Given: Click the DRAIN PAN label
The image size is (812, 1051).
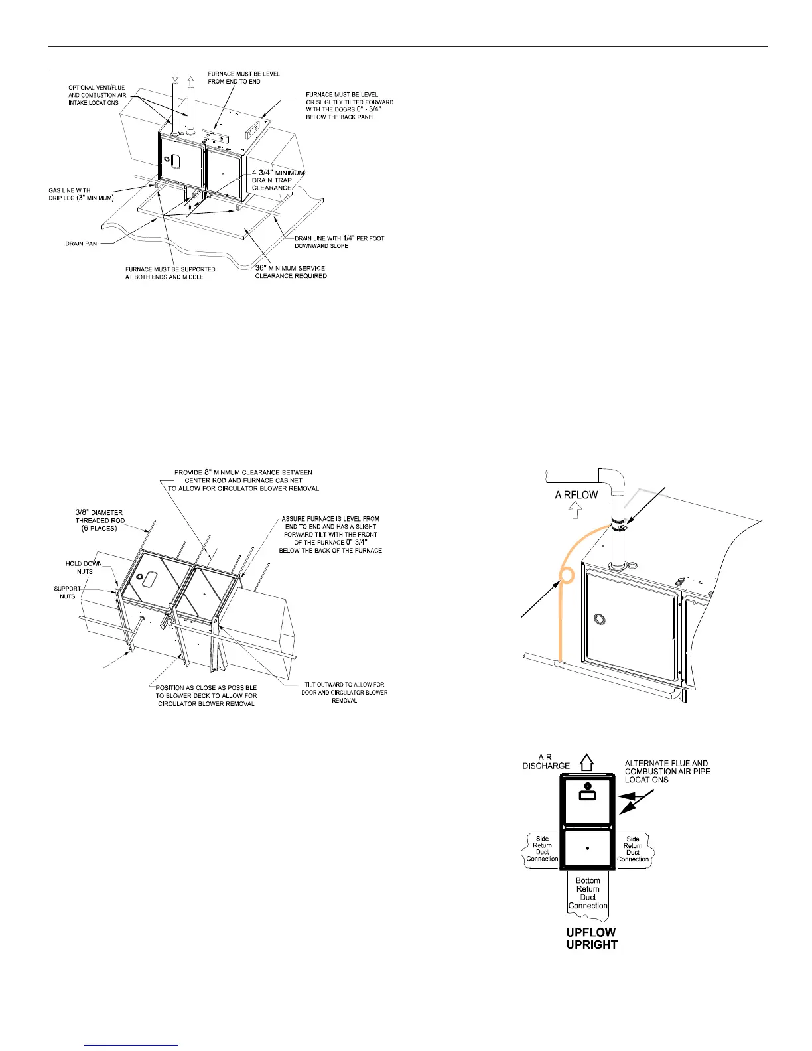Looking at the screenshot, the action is tap(81, 244).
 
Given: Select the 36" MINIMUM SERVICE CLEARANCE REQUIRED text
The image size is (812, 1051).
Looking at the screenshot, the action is tap(291, 272).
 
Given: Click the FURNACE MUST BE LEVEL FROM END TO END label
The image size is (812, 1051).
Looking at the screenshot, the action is tap(243, 78).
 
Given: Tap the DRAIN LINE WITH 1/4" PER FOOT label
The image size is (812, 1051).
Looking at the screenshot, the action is tap(339, 242).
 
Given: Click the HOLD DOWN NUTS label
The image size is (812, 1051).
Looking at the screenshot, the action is tap(84, 567).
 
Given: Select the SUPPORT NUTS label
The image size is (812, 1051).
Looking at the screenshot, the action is tap(67, 592).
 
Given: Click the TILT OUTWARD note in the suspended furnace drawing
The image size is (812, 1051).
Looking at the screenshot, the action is tap(344, 692).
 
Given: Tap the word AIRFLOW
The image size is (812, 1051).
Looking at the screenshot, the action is tap(576, 494).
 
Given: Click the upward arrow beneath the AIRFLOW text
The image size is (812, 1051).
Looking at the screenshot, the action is tap(576, 510).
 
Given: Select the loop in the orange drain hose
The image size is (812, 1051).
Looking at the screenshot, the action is tap(567, 575).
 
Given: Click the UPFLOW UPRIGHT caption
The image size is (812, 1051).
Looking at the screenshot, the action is tap(591, 938).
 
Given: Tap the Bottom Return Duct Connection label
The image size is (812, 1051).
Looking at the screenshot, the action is tap(588, 893).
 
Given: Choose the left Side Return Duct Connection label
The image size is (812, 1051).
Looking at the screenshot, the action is tap(542, 849).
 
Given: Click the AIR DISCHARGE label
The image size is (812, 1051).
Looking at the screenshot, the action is tap(546, 762).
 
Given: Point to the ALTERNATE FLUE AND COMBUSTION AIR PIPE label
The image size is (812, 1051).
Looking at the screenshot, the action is tap(667, 771).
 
